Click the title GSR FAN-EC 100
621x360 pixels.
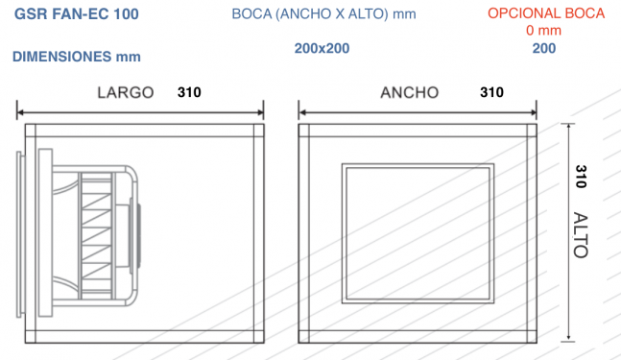77,13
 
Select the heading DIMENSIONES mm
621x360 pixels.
77,57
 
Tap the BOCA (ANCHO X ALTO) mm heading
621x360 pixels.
323,14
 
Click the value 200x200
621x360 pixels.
322,48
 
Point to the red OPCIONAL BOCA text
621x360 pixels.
546,13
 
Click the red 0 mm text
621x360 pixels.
543,31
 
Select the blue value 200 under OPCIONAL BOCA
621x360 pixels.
544,48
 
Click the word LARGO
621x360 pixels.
126,93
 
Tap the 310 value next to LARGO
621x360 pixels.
189,92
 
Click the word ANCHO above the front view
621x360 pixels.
410,93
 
